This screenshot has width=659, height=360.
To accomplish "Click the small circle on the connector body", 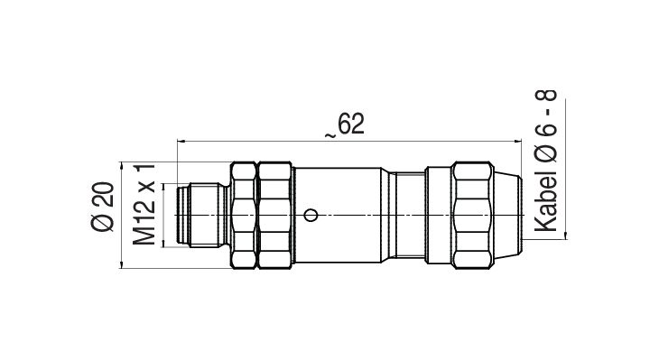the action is pyautogui.click(x=311, y=216).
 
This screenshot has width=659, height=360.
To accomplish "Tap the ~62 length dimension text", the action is pyautogui.click(x=345, y=125).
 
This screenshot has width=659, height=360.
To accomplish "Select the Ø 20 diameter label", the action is pyautogui.click(x=103, y=207).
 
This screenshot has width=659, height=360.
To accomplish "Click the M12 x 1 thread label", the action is pyautogui.click(x=144, y=205).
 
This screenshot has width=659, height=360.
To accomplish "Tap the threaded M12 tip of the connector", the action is pyautogui.click(x=203, y=215).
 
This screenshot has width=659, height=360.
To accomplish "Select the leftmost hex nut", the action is pyautogui.click(x=244, y=215).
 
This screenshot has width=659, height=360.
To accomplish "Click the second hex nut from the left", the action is pyautogui.click(x=274, y=215).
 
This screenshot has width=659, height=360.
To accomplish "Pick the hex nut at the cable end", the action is pyautogui.click(x=472, y=215).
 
